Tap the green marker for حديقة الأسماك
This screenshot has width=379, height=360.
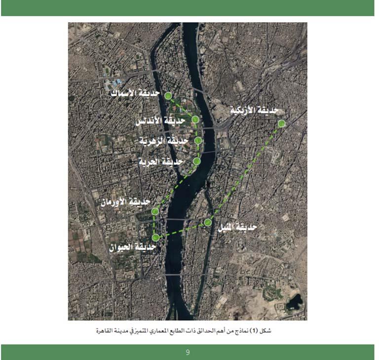[x=168, y=95]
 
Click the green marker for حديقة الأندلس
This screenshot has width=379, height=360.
[x=195, y=119]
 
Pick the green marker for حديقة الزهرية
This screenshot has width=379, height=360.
[x=198, y=140]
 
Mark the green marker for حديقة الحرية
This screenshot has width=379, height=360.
[x=197, y=161]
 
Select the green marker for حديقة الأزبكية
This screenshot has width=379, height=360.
[x=281, y=123]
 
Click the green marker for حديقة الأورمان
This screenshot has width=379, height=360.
[x=155, y=211]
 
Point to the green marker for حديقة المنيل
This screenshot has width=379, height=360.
[x=208, y=223]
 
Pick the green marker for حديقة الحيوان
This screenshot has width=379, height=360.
[x=155, y=238]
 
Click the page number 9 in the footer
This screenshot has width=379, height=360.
[x=188, y=352]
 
